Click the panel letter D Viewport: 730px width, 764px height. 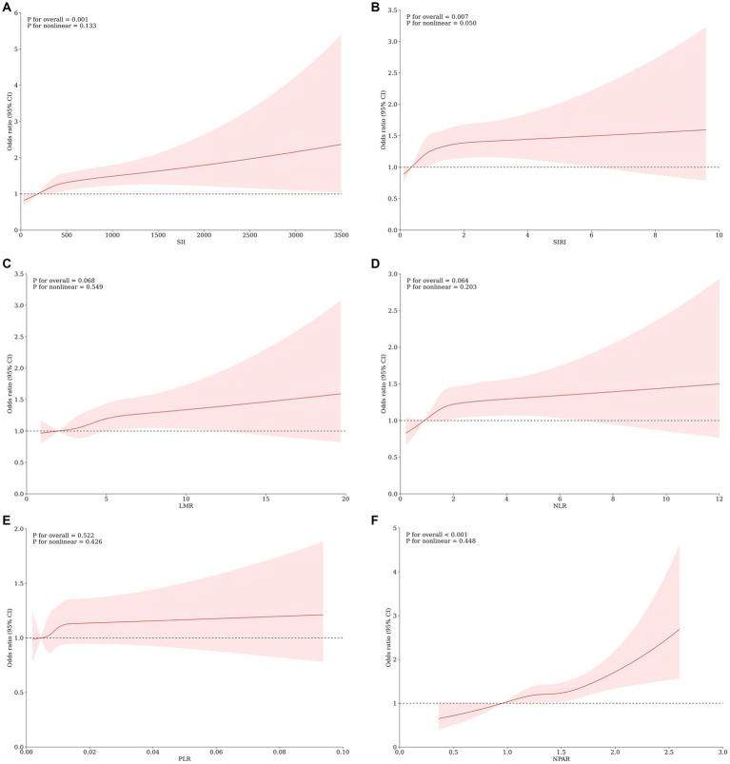[x=375, y=265]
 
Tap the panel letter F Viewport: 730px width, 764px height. [x=375, y=518]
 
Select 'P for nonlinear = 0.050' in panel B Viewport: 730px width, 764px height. [x=442, y=23]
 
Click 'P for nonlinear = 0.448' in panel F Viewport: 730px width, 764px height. [x=442, y=541]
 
